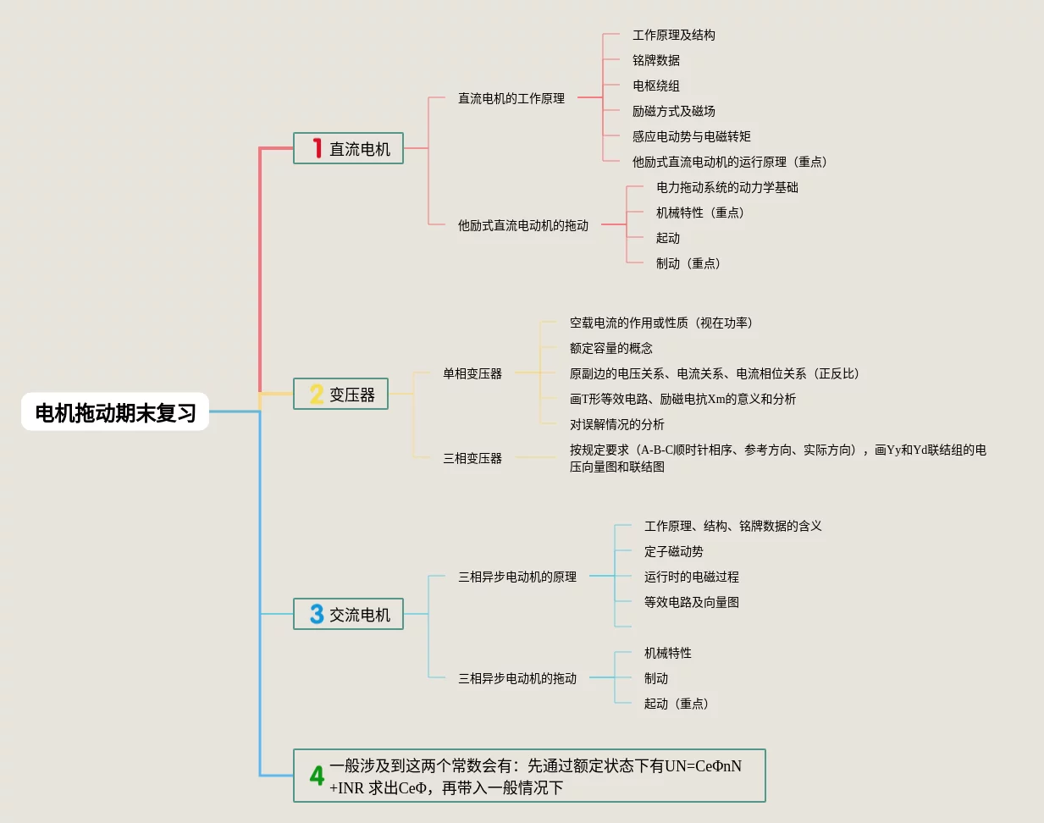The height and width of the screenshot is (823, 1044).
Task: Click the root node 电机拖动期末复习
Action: (x=115, y=412)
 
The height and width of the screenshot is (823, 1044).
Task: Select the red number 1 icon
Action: (x=317, y=148)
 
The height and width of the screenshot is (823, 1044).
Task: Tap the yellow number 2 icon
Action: (x=317, y=395)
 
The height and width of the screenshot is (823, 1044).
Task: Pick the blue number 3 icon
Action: (x=317, y=614)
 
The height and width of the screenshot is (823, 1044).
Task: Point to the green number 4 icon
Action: (x=317, y=776)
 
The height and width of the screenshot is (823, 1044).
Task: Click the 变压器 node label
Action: (x=352, y=395)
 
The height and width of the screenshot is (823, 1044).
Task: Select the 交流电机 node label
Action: (x=360, y=615)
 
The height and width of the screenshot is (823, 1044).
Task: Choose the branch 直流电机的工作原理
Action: (x=511, y=98)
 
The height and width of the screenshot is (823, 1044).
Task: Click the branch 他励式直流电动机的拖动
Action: (x=523, y=225)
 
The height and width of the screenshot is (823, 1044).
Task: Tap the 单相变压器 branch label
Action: (x=472, y=373)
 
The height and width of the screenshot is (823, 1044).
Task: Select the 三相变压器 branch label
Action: (x=472, y=458)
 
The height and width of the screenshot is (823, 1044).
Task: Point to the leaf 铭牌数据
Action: (x=656, y=60)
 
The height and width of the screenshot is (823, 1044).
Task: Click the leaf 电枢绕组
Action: (x=656, y=86)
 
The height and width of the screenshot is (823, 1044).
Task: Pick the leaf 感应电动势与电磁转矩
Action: (x=692, y=136)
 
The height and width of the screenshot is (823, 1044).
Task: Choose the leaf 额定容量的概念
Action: (x=611, y=348)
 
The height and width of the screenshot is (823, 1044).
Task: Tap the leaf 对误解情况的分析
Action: (x=617, y=424)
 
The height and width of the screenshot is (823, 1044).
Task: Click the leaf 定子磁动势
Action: (x=674, y=551)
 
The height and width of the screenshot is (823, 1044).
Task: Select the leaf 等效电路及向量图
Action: (x=692, y=602)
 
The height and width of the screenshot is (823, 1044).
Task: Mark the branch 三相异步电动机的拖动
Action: (x=517, y=678)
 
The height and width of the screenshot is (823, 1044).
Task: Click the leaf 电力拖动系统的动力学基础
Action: (x=727, y=187)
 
